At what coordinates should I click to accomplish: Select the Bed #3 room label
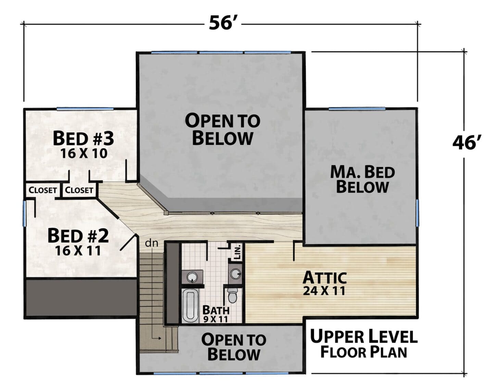click(83, 138)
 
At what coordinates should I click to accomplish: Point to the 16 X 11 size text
click(78, 251)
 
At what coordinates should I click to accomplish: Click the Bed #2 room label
click(78, 236)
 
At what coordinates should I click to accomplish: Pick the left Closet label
click(43, 190)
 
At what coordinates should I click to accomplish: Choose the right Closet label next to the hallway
click(79, 190)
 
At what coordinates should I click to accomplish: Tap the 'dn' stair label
click(152, 243)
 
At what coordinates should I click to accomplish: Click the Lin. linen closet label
click(238, 252)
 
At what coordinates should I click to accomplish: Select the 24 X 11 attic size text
click(324, 291)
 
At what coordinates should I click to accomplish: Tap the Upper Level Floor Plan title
click(364, 344)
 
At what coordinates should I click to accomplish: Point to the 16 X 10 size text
click(84, 153)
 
